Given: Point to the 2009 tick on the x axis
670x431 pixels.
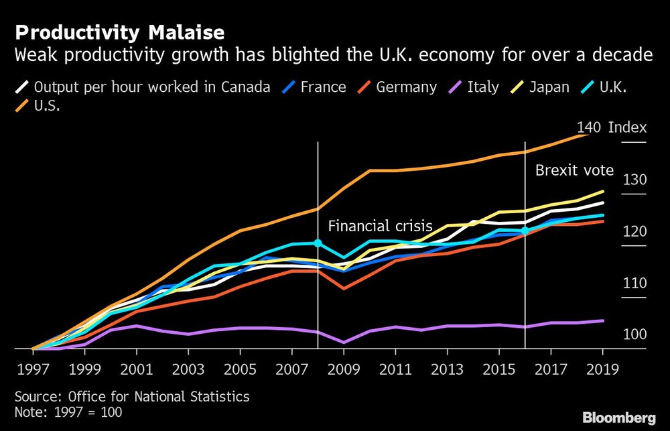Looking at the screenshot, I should [x=344, y=369].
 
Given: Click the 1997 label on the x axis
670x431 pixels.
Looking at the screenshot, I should [x=33, y=369].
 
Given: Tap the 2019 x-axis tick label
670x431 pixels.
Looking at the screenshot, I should [x=602, y=369].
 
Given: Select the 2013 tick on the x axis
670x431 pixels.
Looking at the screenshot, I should [x=447, y=369].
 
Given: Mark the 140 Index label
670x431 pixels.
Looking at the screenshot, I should [x=611, y=127].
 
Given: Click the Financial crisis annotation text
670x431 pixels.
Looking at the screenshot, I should [x=380, y=226].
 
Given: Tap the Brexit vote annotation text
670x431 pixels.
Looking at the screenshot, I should [x=574, y=170].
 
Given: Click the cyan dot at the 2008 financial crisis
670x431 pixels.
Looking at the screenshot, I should [x=318, y=243].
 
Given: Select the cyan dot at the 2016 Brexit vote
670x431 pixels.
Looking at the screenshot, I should [x=525, y=231].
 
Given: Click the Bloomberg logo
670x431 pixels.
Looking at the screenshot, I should [x=618, y=418].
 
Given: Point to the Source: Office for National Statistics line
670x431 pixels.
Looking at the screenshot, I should [x=132, y=397].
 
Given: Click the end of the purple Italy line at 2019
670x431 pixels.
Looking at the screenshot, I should [x=602, y=320].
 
